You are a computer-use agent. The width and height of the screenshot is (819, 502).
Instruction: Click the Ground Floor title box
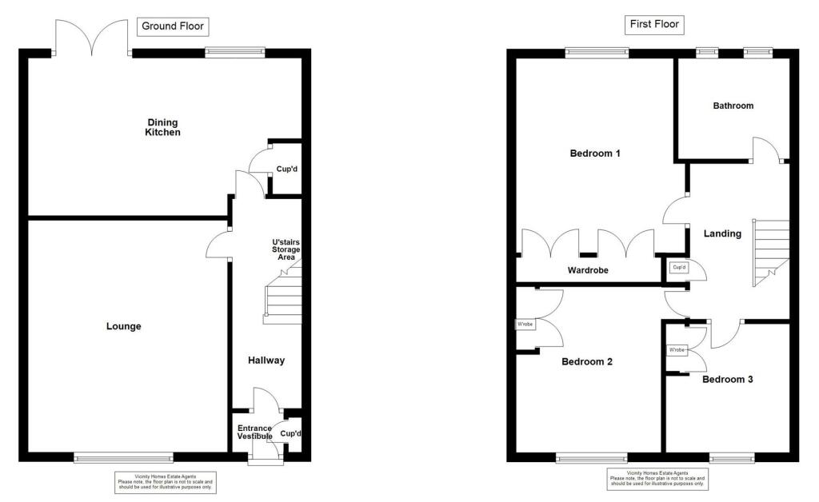coord(173,26)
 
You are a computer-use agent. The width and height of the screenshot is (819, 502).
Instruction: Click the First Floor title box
coord(654,24)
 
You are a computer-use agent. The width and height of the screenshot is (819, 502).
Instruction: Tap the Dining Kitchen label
coord(162,127)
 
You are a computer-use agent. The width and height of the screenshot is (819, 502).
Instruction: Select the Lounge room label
coord(124,326)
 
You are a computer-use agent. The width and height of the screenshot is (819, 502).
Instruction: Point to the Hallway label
coord(266,361)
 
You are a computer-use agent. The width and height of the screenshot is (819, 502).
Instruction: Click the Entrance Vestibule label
coord(255,432)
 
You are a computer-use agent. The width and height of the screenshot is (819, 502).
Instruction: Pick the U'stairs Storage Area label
coord(286,249)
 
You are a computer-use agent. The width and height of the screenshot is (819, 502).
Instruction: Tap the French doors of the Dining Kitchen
coord(92,36)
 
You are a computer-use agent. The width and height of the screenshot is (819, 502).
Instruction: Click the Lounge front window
coord(123,458)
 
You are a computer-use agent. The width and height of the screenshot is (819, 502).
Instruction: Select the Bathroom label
coord(733,106)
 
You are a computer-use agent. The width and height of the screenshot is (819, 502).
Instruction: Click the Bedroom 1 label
coord(595,153)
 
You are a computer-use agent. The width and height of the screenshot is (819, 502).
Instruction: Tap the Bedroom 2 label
coord(586,361)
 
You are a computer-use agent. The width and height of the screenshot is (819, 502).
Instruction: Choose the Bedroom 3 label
coord(727,380)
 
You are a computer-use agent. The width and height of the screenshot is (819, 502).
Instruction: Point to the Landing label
coord(722,234)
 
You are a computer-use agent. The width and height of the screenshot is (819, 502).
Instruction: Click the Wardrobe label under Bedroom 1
coord(588,270)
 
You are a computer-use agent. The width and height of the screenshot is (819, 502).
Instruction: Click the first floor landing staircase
coord(771,252)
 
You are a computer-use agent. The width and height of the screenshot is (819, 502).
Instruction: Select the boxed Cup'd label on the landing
coord(679,267)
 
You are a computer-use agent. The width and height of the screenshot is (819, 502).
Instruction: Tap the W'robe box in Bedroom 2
coord(525,325)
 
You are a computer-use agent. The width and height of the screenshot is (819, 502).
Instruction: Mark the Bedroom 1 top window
coord(597,53)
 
